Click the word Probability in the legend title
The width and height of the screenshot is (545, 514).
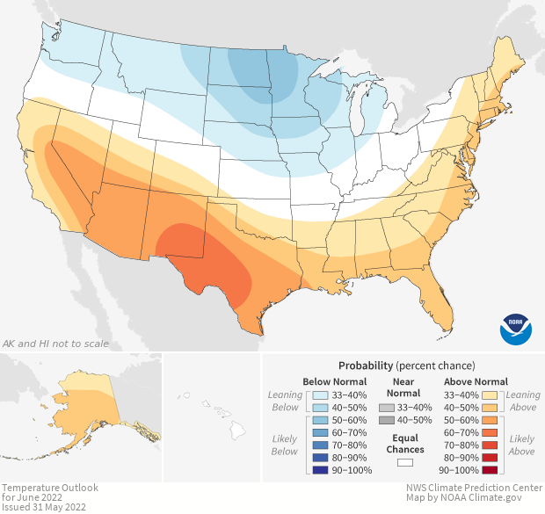click(x=365, y=365)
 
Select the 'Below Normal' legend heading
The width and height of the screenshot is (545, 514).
click(x=335, y=381)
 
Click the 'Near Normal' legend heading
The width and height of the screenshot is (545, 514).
click(x=403, y=387)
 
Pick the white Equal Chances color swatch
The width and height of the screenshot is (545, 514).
click(x=404, y=461)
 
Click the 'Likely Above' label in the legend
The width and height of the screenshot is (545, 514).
click(x=522, y=445)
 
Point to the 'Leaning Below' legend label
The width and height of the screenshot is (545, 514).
click(x=285, y=401)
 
